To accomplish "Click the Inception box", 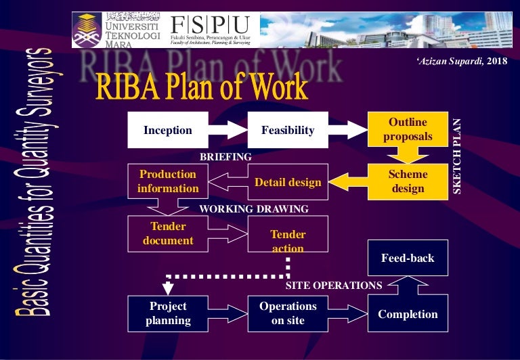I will point(167,131).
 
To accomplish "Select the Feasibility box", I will point(288,131).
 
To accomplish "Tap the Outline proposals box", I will point(408,131).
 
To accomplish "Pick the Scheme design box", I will point(408,181).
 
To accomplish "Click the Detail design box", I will point(288,181).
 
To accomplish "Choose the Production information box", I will point(167,181).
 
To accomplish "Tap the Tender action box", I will point(288,241).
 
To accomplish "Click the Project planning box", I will point(167,314).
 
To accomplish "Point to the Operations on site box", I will point(288,314).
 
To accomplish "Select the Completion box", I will point(408,314).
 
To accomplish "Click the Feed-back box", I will point(408,258).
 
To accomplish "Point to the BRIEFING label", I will point(225,156).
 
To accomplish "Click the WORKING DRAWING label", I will point(253,209).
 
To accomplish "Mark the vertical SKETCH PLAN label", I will point(456,157).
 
